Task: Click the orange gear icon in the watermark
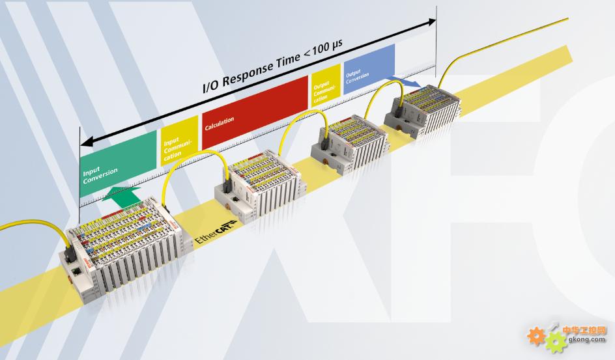click(x=536, y=335)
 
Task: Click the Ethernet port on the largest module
click(x=76, y=269)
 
